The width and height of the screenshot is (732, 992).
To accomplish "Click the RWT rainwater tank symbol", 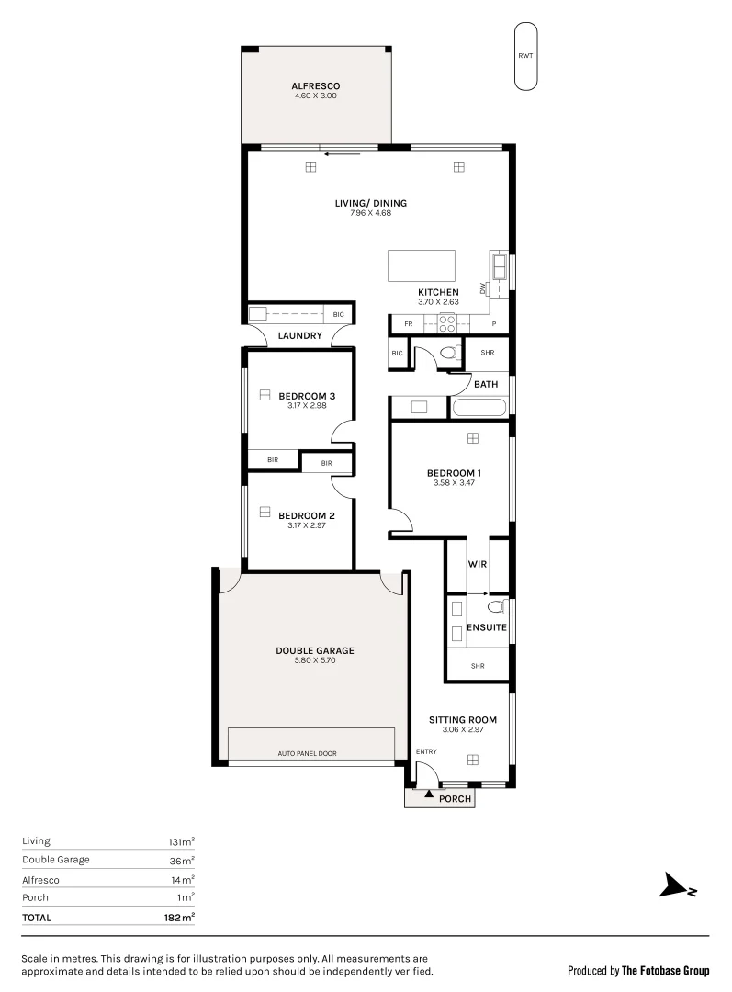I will point(525,56).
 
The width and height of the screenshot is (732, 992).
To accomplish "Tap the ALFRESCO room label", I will point(316,85).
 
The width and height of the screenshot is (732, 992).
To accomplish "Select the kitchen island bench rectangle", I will point(422,265).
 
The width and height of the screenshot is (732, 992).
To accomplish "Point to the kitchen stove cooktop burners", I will point(447,323).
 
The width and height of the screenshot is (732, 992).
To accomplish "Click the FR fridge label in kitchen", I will point(408,324).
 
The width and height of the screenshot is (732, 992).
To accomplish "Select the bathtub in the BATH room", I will point(479,408).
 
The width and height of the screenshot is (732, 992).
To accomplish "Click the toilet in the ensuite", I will point(496,606).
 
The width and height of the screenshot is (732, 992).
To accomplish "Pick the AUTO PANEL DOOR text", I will point(307,753).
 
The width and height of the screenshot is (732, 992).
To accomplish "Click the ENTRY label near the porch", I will point(426,751).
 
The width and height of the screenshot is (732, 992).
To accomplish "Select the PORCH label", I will point(455,799).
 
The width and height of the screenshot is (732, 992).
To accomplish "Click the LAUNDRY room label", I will point(299,336).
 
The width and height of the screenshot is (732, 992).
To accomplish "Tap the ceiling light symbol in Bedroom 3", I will point(264,395).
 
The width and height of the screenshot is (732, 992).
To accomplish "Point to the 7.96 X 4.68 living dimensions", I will point(371,213).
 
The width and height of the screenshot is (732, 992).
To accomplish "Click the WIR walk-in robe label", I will point(477,564).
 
